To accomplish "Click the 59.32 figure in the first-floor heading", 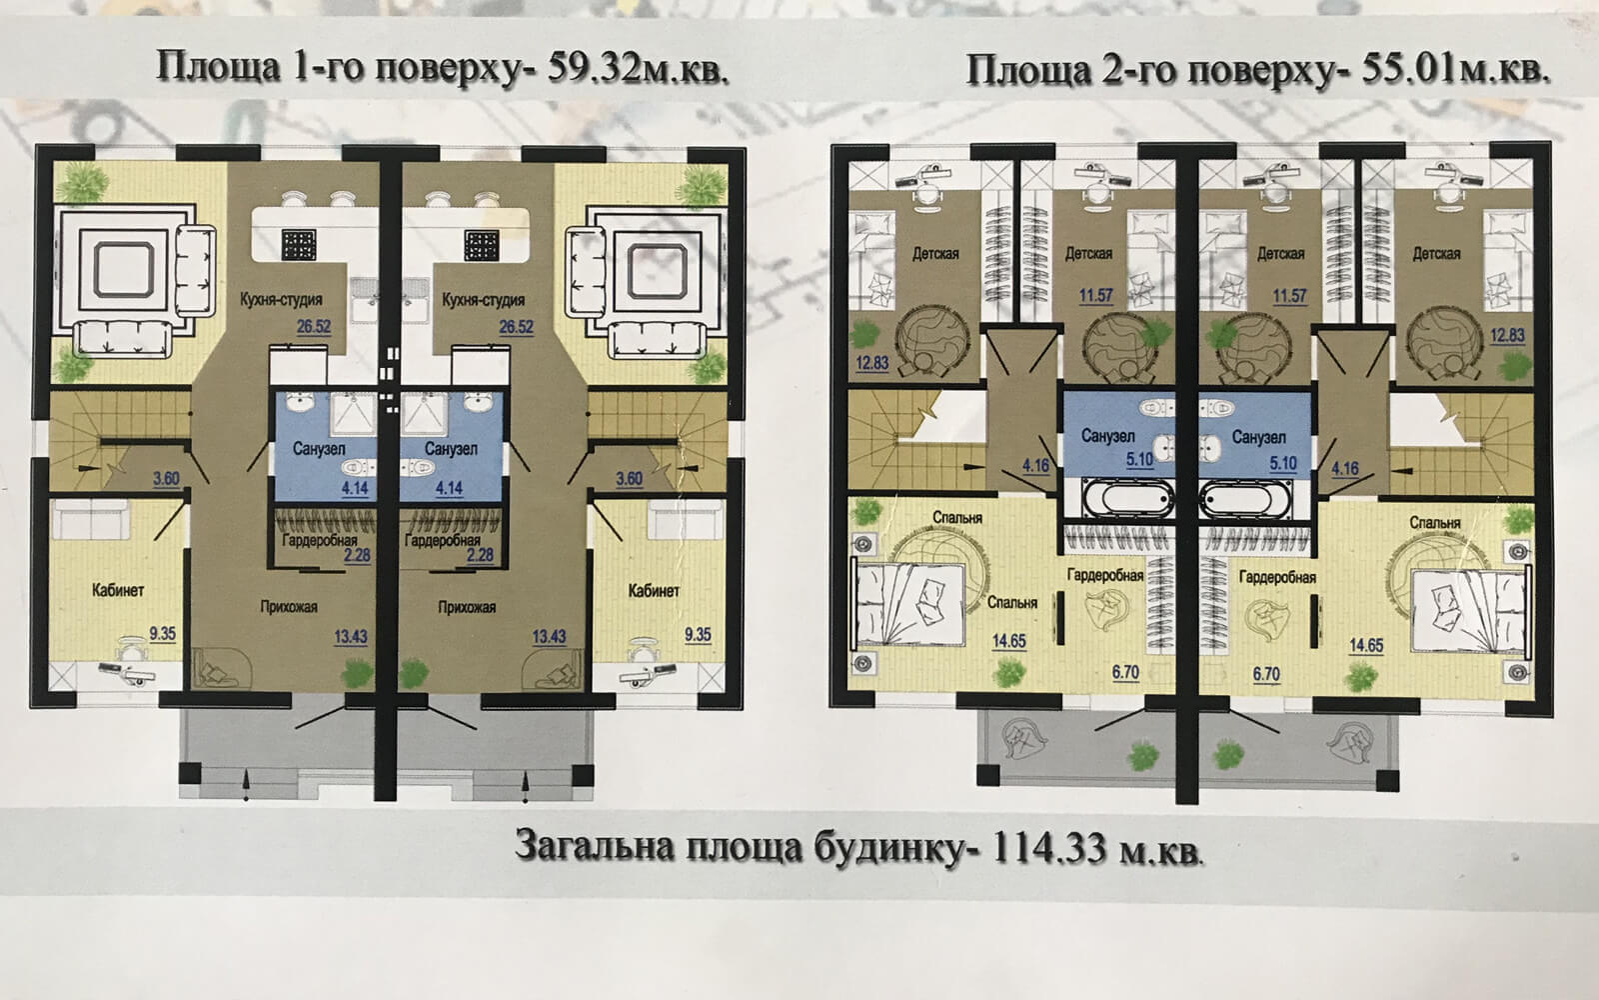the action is (591, 69).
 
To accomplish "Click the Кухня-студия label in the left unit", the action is (281, 300).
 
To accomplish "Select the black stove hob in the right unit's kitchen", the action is (482, 245).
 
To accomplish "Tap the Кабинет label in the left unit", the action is (118, 590).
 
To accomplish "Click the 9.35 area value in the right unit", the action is (698, 634).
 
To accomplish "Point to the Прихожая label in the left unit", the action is (289, 607).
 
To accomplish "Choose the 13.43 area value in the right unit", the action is (549, 636).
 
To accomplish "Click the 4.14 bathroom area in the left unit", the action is (355, 489).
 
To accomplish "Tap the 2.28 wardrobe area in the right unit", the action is (480, 555).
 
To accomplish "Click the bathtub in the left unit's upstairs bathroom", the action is (1128, 498).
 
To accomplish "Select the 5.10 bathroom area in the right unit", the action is (1283, 463).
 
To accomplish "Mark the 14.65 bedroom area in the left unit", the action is (1008, 641).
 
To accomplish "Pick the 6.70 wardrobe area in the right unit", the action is (1266, 674).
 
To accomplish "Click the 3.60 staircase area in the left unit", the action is (166, 478).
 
